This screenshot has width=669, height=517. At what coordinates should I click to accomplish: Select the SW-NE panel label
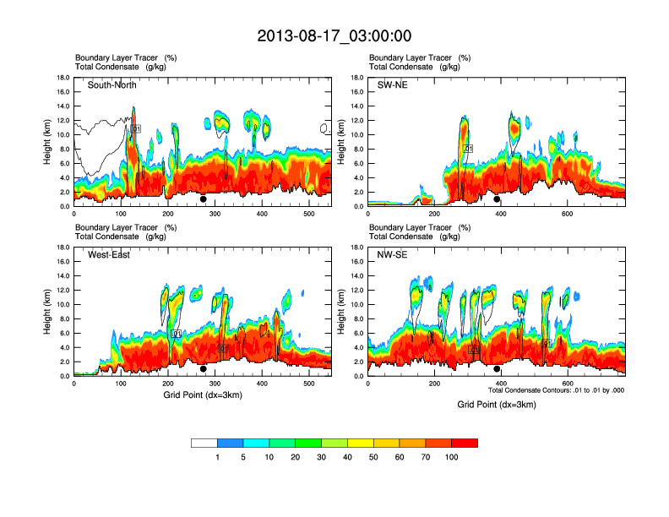click(x=392, y=85)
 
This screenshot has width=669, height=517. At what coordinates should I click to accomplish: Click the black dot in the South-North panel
click(x=204, y=199)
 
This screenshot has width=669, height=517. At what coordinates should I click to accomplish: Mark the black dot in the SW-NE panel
click(x=497, y=199)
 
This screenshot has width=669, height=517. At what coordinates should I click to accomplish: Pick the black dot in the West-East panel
click(x=204, y=369)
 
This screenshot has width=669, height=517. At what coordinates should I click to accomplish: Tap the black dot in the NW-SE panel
click(x=497, y=369)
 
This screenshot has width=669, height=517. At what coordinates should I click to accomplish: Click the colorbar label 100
click(x=452, y=457)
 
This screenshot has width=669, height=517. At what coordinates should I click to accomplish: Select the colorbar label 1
click(x=217, y=457)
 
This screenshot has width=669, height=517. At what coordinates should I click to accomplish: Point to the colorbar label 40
click(x=347, y=457)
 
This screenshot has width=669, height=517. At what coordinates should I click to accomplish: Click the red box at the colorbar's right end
click(x=465, y=443)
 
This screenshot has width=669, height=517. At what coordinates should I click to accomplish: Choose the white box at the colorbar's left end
click(x=204, y=443)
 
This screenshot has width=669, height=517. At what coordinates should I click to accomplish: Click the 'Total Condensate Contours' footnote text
click(x=556, y=390)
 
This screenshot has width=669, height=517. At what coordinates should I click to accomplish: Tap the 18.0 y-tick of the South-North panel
click(x=63, y=78)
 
